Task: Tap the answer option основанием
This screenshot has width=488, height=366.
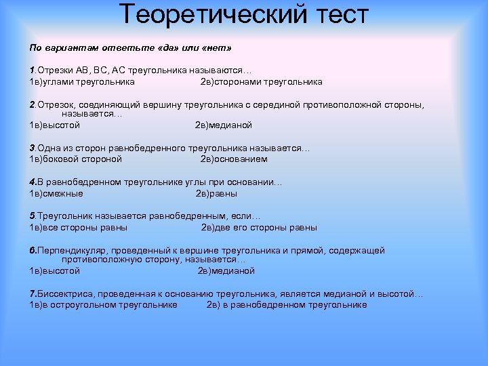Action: (241, 159)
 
